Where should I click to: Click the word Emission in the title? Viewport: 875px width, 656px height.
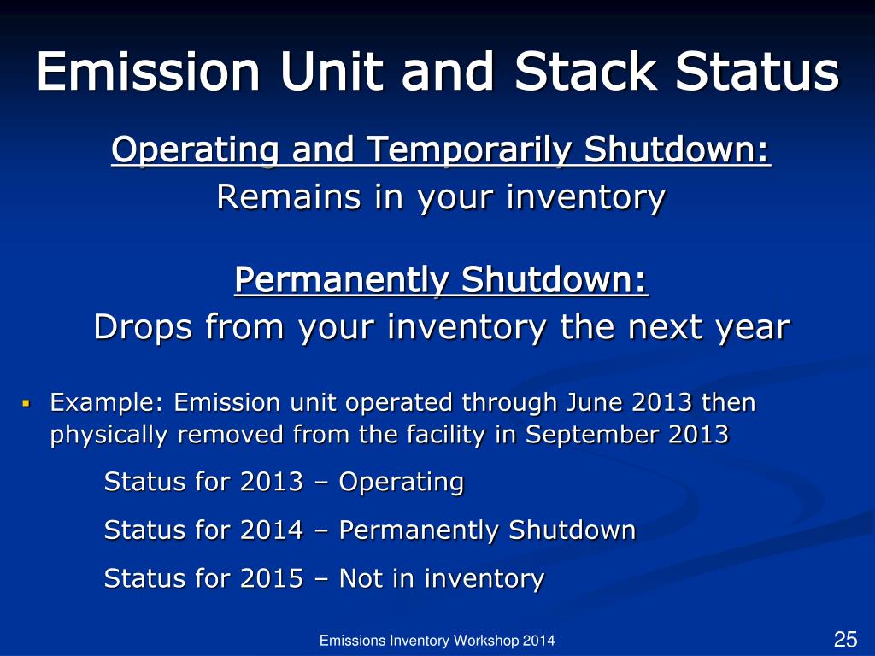click(x=149, y=72)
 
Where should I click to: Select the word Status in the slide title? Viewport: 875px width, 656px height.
click(x=757, y=72)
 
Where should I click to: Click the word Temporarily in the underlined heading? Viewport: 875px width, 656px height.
click(x=469, y=151)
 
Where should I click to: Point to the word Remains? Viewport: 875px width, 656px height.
click(x=289, y=197)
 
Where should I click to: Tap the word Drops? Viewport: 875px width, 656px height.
click(x=143, y=327)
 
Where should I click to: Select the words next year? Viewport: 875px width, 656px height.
click(x=708, y=327)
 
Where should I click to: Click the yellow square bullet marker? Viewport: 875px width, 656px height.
click(x=26, y=401)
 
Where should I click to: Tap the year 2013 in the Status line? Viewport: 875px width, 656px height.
click(x=272, y=482)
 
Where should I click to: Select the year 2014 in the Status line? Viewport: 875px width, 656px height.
click(x=272, y=530)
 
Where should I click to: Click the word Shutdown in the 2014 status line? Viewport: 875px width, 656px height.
click(x=572, y=530)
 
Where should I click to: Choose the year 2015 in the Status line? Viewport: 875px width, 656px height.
click(x=272, y=578)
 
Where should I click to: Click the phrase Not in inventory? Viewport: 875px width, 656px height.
click(x=442, y=579)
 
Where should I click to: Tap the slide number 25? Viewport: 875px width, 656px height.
click(x=845, y=639)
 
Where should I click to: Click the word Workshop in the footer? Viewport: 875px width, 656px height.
click(x=486, y=641)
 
